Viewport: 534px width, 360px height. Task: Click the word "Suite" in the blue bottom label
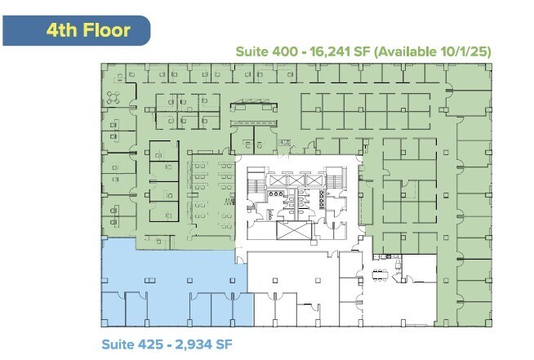(x=119, y=343)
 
